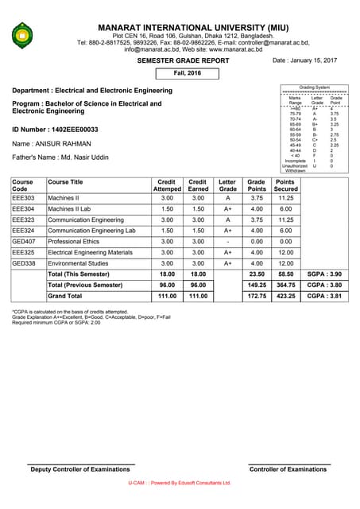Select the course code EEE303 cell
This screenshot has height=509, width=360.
pos(23,198)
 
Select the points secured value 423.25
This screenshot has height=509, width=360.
pos(285,296)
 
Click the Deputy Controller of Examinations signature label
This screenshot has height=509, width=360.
pos(80,470)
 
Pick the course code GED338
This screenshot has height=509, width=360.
pos(24,263)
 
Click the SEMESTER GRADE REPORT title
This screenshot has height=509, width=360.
pos(184,60)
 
